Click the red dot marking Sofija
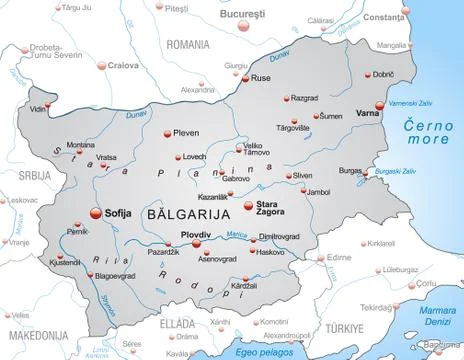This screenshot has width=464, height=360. (96, 212)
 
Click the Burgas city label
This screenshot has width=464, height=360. (349, 171)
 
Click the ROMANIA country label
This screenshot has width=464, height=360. (188, 45)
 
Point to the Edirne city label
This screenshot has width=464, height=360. (341, 257)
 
